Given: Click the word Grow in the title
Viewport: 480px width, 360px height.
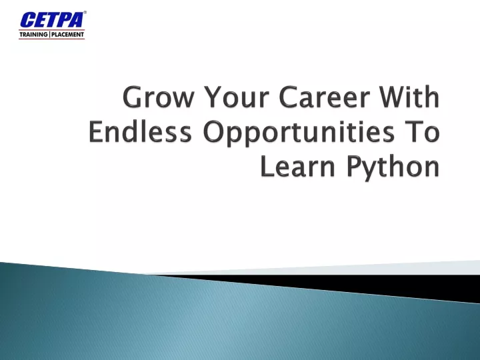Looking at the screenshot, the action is click(158, 97).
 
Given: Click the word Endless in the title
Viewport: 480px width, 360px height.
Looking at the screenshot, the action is click(140, 131).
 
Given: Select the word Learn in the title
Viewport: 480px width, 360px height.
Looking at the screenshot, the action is click(297, 166).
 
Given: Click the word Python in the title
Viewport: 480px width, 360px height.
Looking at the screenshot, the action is click(393, 168).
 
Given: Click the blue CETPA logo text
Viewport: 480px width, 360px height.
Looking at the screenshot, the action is click(52, 20).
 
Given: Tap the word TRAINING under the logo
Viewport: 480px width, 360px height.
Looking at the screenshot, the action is click(33, 34).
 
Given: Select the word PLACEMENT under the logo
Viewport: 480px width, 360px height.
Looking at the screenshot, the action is click(67, 34).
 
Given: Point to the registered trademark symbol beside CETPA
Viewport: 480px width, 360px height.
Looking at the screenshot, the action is click(85, 13).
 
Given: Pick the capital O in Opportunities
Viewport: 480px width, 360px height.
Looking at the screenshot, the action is click(214, 131).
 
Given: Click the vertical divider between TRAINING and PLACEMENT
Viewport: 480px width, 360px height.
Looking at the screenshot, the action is click(49, 34).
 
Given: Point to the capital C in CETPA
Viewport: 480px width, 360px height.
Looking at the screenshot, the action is click(27, 20).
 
